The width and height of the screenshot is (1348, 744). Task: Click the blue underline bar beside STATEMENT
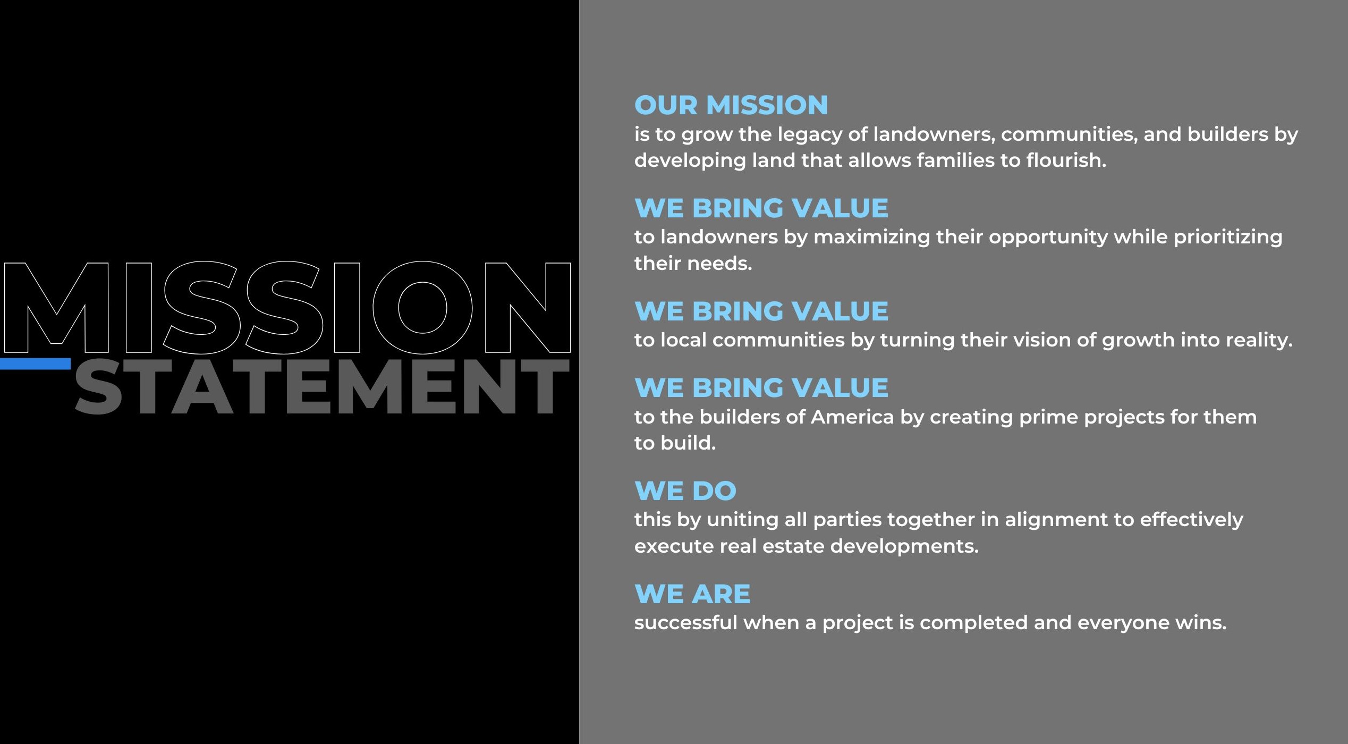[35, 364]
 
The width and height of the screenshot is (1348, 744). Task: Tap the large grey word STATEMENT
[322, 386]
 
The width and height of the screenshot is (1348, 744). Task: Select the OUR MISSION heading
[731, 105]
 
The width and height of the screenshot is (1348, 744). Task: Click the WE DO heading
[685, 491]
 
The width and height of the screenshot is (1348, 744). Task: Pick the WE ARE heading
[692, 594]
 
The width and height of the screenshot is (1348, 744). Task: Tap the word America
[852, 417]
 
